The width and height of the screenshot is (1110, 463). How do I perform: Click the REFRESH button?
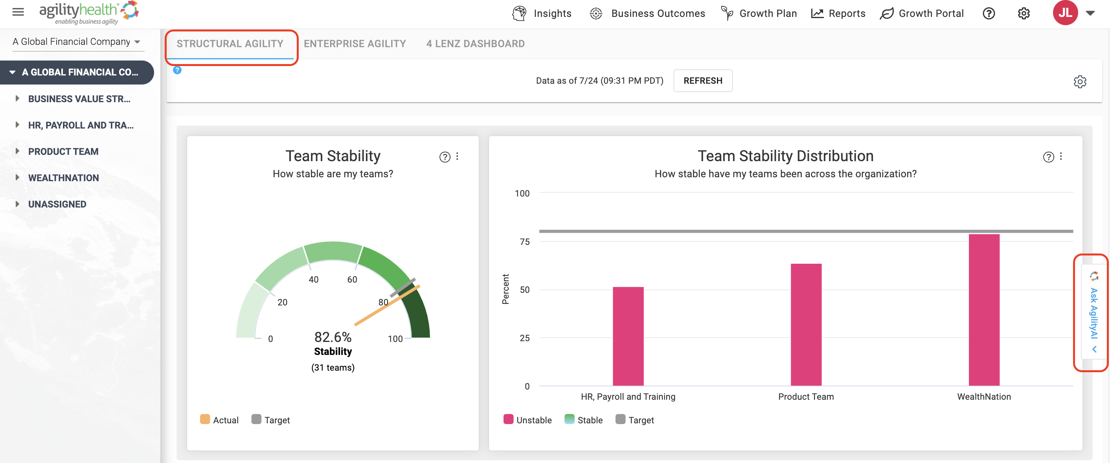(703, 81)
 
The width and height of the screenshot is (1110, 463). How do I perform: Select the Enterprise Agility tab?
(355, 44)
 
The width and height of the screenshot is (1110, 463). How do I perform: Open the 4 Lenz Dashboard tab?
(475, 44)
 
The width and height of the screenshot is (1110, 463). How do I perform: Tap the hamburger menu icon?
(18, 12)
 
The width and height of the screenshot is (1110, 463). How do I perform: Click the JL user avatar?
(1065, 13)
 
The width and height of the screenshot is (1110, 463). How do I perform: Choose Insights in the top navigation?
(542, 13)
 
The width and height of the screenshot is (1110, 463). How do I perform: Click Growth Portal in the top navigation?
(922, 13)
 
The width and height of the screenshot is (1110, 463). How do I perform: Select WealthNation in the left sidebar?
(63, 178)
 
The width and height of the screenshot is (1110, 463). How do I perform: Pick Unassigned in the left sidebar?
(57, 204)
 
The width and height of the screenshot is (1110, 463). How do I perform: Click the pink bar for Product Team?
(806, 325)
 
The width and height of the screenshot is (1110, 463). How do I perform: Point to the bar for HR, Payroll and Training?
(628, 336)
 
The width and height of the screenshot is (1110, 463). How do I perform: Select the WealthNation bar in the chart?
(984, 310)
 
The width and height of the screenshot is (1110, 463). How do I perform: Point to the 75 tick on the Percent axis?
(524, 242)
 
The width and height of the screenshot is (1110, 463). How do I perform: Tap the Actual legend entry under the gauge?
(219, 420)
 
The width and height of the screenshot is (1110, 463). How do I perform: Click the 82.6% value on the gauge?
(333, 337)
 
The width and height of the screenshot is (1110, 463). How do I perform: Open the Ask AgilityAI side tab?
(1093, 312)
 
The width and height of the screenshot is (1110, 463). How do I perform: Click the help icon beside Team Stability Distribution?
(1048, 157)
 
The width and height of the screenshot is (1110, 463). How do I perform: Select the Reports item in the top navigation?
(838, 13)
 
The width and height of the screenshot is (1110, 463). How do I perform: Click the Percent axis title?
(505, 289)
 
